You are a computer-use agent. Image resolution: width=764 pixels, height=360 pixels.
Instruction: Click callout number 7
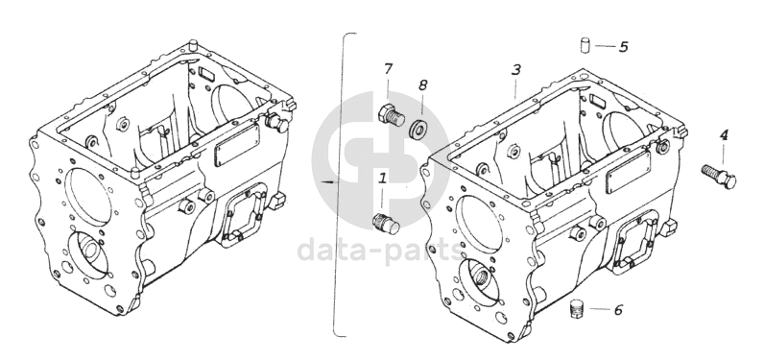coord(388,69)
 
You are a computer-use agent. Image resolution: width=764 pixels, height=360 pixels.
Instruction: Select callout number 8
coord(422,84)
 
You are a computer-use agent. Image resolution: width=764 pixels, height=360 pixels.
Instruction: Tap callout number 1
coord(383,179)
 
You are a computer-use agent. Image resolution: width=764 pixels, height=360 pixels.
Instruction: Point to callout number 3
coord(516,70)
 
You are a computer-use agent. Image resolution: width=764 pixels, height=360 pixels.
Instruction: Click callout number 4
coord(724,135)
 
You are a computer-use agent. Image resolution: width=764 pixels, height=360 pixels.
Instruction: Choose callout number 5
coord(623,47)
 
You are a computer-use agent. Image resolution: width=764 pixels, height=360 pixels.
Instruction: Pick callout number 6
coord(618,310)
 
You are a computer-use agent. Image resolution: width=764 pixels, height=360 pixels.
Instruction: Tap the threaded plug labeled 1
coord(386,223)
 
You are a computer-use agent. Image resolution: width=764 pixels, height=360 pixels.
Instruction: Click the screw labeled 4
coord(719,176)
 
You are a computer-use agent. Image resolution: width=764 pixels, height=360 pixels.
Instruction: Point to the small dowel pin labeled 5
coord(585,44)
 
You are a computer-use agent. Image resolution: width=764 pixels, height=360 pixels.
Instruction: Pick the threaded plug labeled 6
coord(577,309)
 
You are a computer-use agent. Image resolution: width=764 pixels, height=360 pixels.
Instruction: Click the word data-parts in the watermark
coord(380,249)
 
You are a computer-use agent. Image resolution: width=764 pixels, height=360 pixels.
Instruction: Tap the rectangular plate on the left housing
coord(237,144)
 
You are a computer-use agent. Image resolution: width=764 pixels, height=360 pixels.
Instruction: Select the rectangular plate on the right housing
coord(628,171)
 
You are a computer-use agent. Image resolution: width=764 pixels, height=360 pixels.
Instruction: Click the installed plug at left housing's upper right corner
coord(277,123)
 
